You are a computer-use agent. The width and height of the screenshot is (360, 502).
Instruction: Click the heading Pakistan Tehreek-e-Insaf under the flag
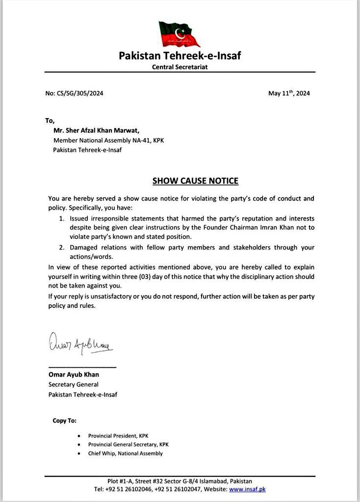[180, 55]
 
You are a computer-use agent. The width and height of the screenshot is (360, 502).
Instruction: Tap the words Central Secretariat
[180, 67]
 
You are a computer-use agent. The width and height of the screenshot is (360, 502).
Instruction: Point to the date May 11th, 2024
[289, 93]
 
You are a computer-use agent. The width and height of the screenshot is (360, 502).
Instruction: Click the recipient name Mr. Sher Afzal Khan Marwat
[97, 130]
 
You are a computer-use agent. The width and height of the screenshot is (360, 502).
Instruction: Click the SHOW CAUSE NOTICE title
[195, 181]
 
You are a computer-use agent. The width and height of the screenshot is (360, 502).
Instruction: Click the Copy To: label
[64, 421]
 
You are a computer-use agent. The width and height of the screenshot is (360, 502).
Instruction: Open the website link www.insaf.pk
[247, 489]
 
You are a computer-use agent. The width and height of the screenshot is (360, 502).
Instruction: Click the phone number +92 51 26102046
[127, 489]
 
